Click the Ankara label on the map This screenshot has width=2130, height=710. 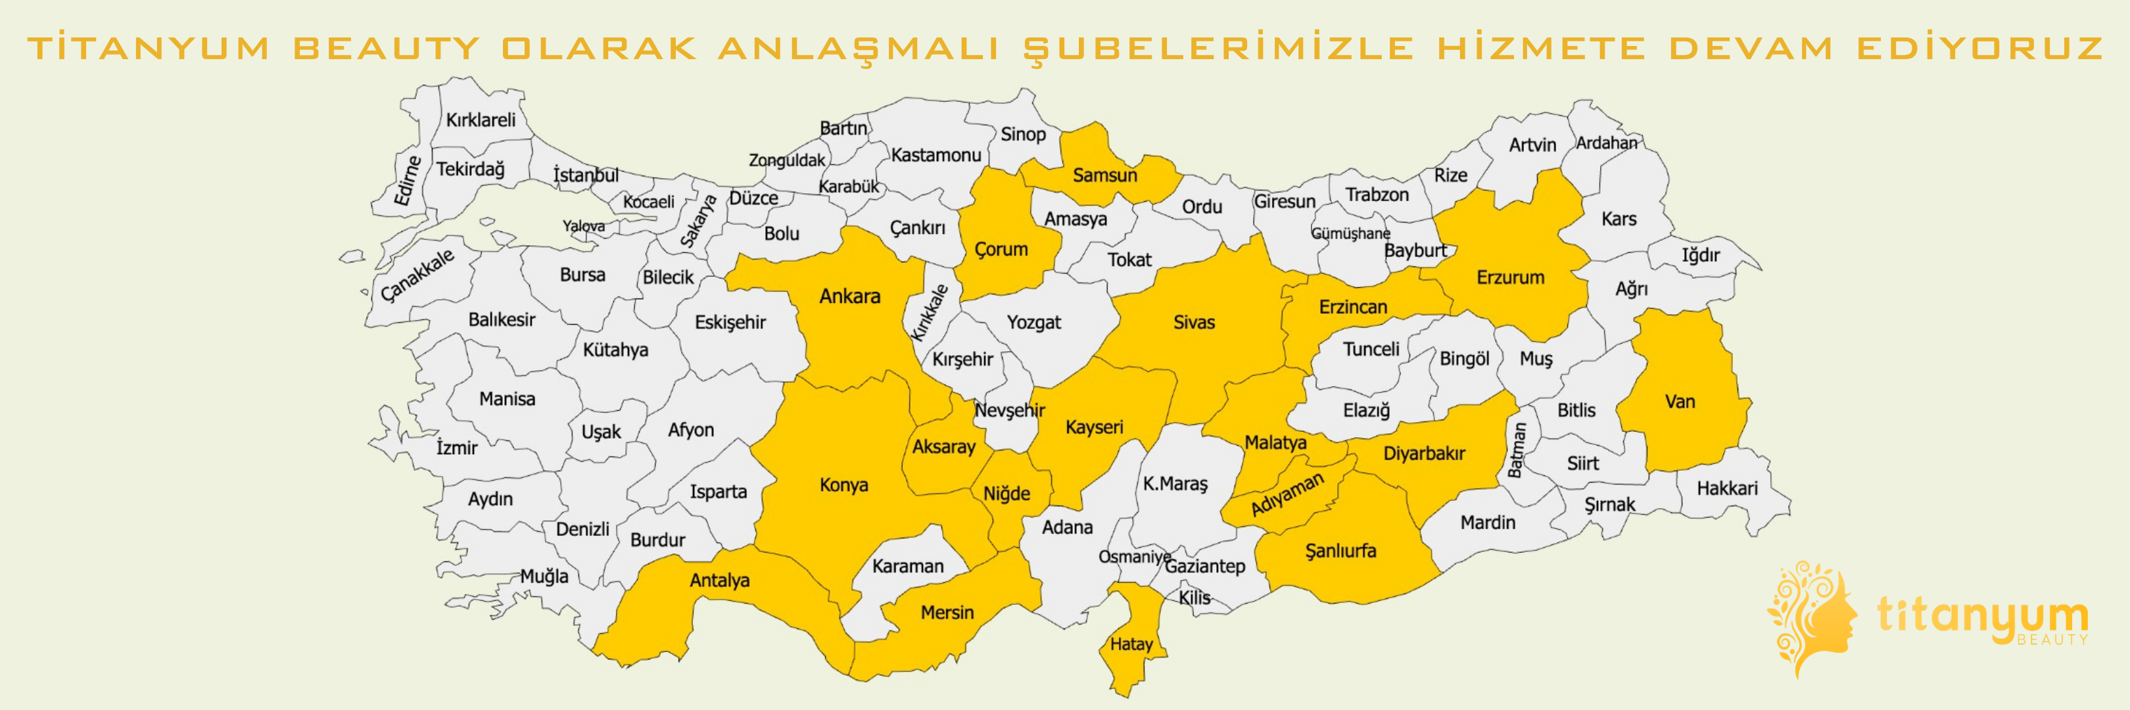pos(849,296)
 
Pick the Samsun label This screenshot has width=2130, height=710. pos(1104,176)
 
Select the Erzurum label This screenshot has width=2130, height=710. pos(1510,277)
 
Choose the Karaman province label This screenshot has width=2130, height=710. pos(907,566)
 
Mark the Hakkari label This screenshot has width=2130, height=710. pos(1726,488)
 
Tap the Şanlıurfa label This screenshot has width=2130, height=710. pos(1340,550)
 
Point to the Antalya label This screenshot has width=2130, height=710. pos(719,580)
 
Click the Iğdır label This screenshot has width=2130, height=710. pos(1700,255)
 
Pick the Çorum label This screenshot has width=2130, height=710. pos(1001,248)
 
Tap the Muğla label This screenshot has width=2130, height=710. pos(543,576)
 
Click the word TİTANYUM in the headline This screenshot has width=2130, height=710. pos(149,48)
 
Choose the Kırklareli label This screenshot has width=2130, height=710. pos(481,120)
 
